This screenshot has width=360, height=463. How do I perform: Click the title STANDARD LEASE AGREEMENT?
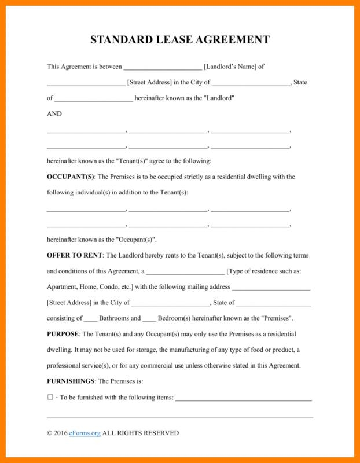pyautogui.click(x=180, y=40)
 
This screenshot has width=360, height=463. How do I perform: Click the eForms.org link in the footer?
pyautogui.click(x=85, y=433)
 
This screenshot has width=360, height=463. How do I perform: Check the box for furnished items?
pyautogui.click(x=50, y=397)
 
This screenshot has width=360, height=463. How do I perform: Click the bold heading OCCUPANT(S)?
pyautogui.click(x=70, y=177)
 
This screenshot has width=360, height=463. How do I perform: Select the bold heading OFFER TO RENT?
pyautogui.click(x=75, y=255)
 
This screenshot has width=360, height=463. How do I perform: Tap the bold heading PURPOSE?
pyautogui.click(x=63, y=334)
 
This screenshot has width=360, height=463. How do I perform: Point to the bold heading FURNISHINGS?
pyautogui.click(x=71, y=381)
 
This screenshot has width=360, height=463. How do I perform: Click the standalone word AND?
pyautogui.click(x=54, y=114)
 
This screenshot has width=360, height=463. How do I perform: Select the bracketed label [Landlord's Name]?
pyautogui.click(x=230, y=67)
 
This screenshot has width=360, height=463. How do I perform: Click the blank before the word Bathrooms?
pyautogui.click(x=91, y=319)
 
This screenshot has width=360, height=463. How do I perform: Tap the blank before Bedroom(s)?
pyautogui.click(x=149, y=319)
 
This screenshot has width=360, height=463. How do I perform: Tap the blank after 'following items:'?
pyautogui.click(x=244, y=398)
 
